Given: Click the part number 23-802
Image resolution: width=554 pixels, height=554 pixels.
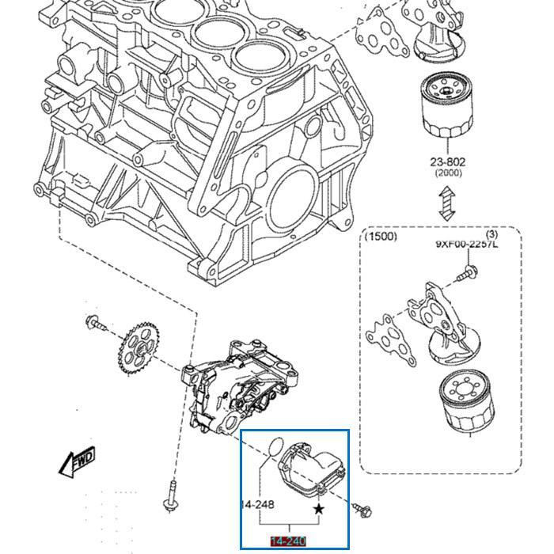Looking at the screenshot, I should coord(448,161).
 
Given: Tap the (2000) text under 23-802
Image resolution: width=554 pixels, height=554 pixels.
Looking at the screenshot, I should coord(448,173).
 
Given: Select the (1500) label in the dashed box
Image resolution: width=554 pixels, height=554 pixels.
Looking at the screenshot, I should coord(381,237).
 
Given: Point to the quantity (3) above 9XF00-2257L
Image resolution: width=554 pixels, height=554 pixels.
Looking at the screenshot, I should coord(491,234).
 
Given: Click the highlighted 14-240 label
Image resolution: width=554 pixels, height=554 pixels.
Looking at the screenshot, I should coord(288,541).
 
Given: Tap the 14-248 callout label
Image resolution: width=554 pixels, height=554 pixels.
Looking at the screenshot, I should coord(257,504).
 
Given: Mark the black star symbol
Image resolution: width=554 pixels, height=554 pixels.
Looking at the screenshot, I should coord(319,510).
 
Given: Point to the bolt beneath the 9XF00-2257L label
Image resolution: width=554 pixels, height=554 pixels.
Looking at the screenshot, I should coord(467,274).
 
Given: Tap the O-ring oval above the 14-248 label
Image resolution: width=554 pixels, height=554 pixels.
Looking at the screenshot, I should coord(271,446).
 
